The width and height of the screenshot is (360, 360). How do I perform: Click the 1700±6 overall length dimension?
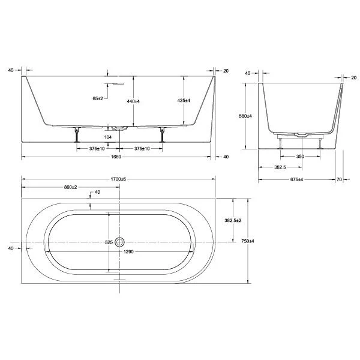point(118,179)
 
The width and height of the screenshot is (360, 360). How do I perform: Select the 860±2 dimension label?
point(70,187)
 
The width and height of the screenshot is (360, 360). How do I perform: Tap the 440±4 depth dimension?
point(133,101)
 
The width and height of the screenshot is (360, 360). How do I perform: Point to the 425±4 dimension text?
point(184,101)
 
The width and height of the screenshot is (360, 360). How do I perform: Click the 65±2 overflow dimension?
point(98,98)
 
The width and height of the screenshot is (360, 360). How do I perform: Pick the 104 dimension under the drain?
point(107,137)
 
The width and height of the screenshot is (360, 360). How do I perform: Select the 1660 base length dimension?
point(116,157)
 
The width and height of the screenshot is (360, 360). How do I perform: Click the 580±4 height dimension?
point(245,116)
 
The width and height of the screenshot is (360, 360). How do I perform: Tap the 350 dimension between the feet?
point(300,157)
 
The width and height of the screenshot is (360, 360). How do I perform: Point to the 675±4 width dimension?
point(296,179)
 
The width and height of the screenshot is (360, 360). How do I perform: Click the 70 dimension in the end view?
point(339,179)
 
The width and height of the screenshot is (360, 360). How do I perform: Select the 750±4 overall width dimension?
point(248,241)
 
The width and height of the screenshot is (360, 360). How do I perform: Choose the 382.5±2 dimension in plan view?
point(233,220)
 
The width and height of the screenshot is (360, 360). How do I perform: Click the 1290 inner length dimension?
point(128,252)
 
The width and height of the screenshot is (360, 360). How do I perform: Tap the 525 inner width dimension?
point(109,242)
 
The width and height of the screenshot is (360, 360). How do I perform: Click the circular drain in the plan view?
point(119,242)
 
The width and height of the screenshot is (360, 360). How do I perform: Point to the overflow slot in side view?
point(118,83)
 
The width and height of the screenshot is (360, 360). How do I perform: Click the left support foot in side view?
point(77,135)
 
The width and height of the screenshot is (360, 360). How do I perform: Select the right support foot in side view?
point(163,135)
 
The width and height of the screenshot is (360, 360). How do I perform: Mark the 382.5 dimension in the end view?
point(280,167)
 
